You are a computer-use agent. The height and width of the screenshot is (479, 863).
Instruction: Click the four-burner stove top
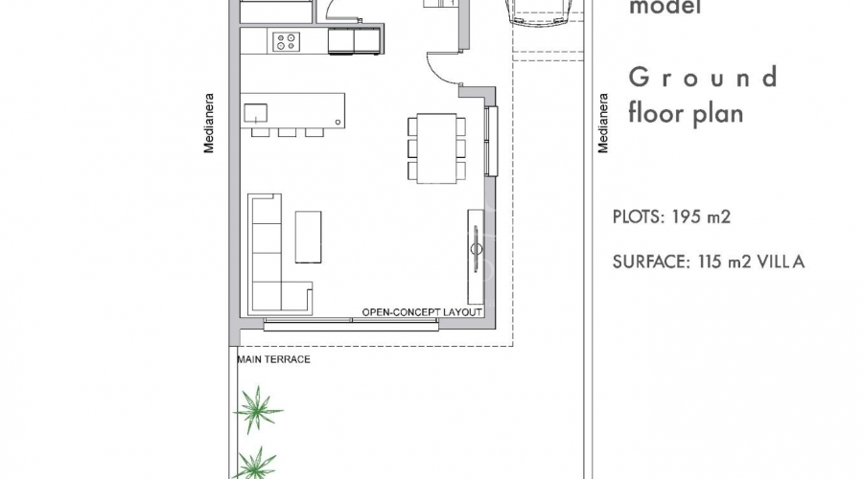coord(286,42)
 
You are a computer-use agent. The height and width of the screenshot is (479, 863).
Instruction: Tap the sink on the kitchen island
coord(255,113)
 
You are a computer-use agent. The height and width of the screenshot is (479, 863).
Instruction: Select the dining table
coord(436,148)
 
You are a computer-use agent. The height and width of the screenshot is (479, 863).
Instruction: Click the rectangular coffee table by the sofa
coord(308,237)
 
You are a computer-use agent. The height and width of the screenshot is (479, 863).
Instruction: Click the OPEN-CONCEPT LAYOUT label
coord(422,312)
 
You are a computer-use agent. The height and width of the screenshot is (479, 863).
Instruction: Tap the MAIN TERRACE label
coord(273,359)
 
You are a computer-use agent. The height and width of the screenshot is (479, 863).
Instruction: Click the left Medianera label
coord(209,124)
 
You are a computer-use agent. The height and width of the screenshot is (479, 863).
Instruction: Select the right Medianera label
coord(603,124)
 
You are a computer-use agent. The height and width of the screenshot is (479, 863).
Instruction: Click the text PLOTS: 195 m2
coord(671,217)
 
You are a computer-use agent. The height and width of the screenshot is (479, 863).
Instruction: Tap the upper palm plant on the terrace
coord(257,410)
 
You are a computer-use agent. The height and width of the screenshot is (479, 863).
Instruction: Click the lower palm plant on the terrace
coord(255,464)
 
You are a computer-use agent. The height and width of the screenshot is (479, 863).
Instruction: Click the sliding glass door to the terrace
coord(351,325)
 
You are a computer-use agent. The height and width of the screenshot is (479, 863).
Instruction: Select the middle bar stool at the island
coord(287,132)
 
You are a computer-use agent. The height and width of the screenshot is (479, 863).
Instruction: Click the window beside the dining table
coord(492,142)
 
